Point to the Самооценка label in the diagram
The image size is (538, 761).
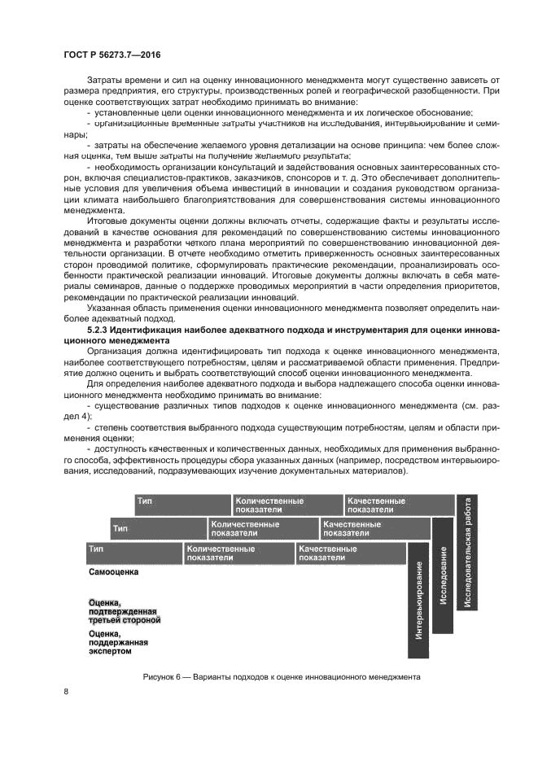[113, 572]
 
